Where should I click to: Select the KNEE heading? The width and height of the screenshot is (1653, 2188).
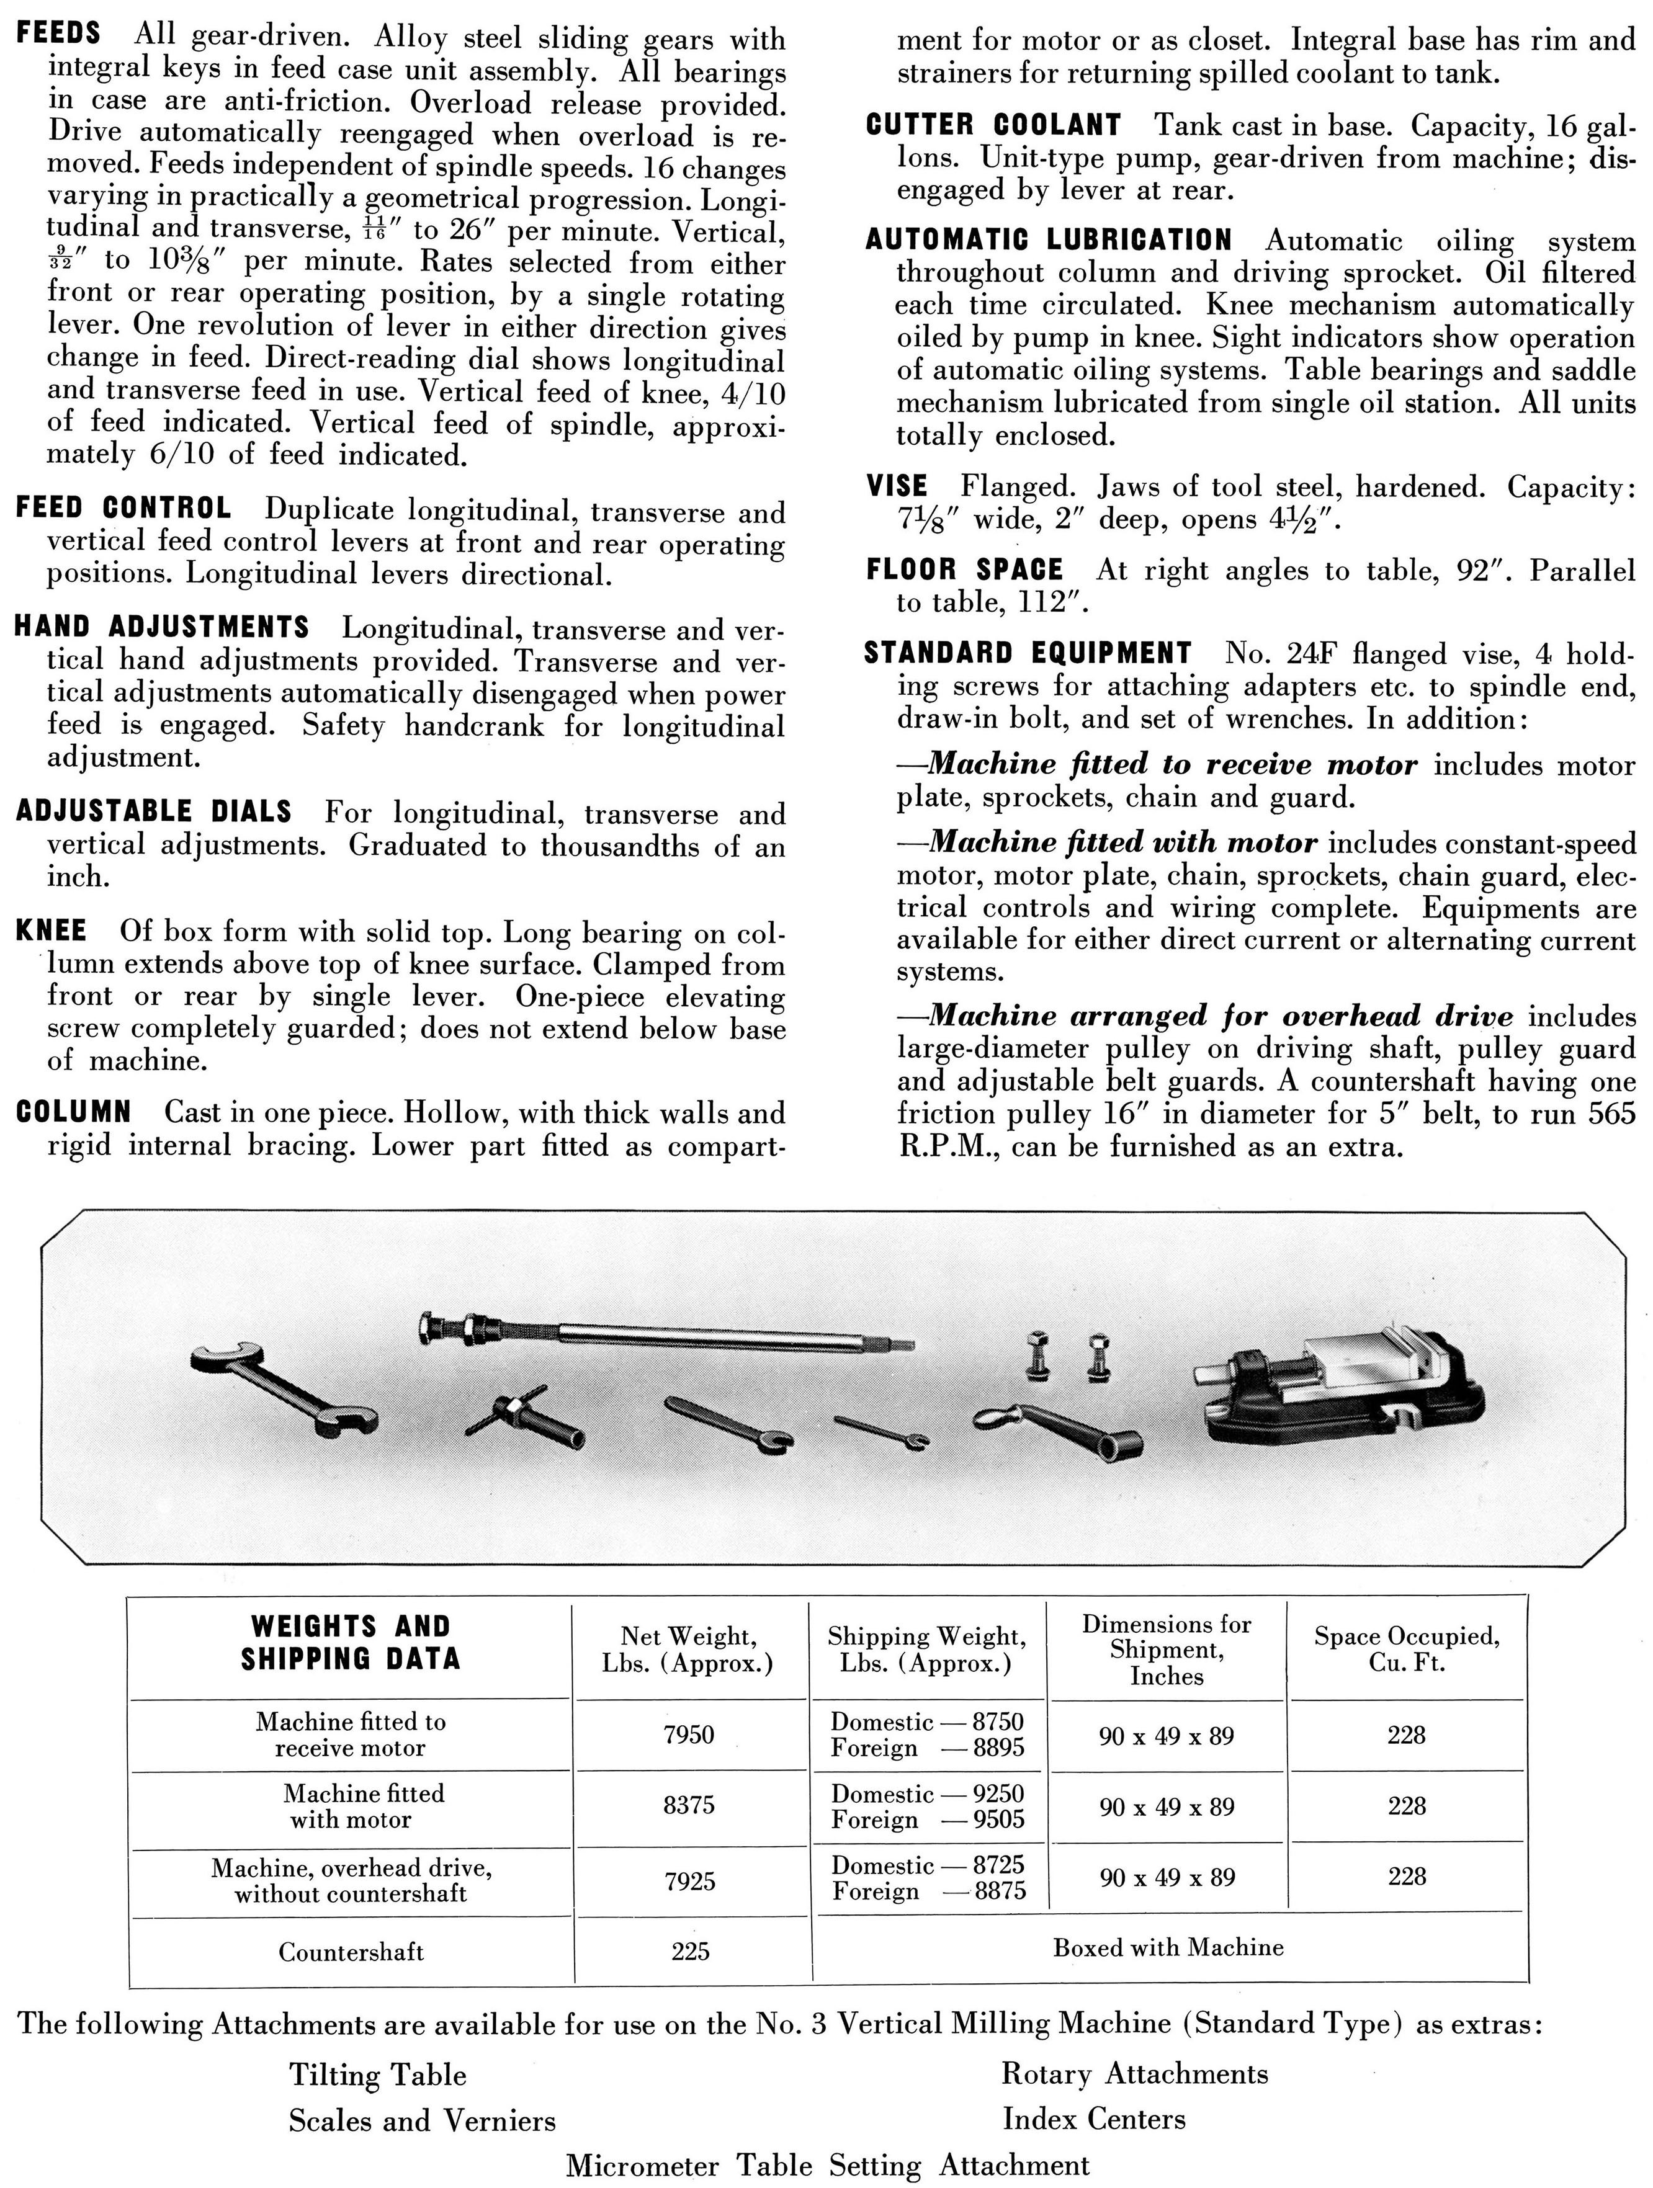(52, 931)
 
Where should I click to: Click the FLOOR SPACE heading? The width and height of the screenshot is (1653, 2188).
(964, 569)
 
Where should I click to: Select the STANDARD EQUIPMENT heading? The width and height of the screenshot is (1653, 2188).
(1027, 653)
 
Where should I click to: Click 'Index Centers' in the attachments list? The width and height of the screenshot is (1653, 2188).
(1093, 2119)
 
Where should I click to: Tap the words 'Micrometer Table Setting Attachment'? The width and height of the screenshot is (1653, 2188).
(827, 2164)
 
